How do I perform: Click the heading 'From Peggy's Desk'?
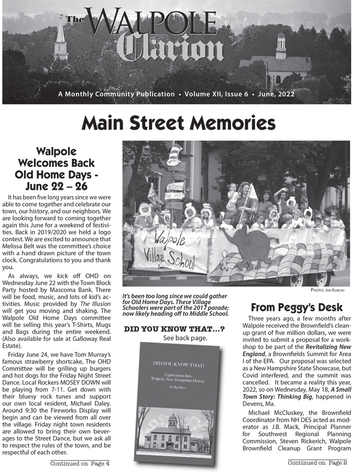pyautogui.click(x=297, y=307)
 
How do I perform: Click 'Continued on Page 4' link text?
pyautogui.click(x=80, y=463)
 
